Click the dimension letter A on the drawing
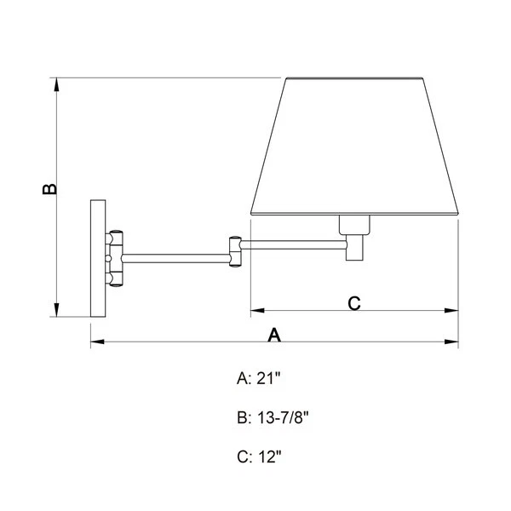274,335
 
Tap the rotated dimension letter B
49,189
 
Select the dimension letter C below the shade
354,303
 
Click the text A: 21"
258,378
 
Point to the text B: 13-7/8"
273,417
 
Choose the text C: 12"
259,456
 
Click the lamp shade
354,146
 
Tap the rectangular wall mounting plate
98,258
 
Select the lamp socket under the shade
354,225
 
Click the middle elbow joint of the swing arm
235,251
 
